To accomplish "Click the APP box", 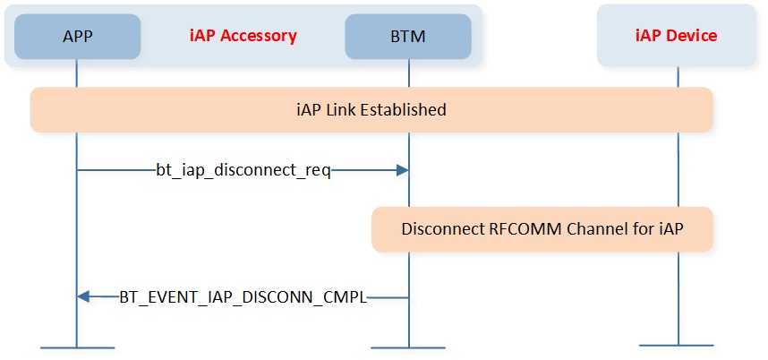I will coord(77,36).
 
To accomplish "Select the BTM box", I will coord(409,36).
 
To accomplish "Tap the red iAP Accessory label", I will coord(242,36).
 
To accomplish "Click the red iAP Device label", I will coord(678,36).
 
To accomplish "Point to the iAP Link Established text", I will coord(371,110).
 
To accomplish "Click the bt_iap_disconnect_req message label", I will coord(243,170).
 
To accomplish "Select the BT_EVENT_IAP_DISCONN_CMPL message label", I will coord(243,296).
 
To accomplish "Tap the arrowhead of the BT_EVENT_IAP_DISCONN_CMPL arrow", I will coord(83,296).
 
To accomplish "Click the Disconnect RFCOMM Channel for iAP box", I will coord(542,229).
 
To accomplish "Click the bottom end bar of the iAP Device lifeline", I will coord(678,345).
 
